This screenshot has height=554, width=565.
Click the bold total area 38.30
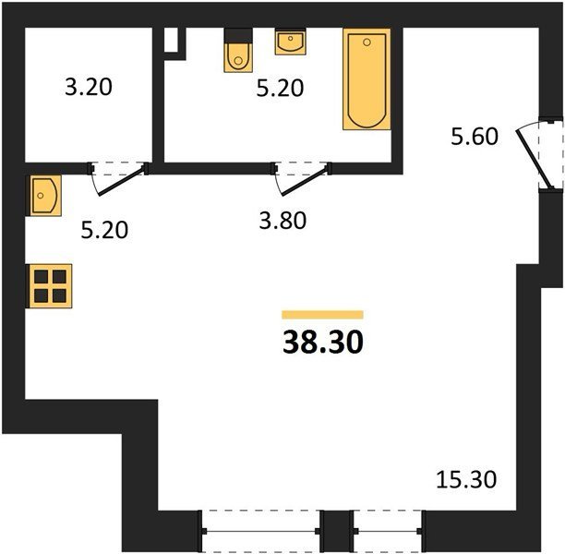(x=323, y=342)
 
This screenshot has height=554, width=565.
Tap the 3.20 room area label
(x=89, y=87)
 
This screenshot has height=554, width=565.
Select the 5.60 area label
(x=475, y=137)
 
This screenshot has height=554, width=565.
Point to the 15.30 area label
(x=466, y=480)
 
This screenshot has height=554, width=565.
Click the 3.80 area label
(x=282, y=221)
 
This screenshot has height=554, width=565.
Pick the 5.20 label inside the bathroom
(x=280, y=89)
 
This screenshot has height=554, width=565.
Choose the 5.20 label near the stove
(x=104, y=230)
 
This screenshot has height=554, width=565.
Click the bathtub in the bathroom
(x=367, y=78)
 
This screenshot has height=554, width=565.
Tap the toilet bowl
(x=238, y=57)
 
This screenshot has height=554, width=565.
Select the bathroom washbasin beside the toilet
(x=291, y=42)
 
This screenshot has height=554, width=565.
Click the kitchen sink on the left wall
(x=45, y=196)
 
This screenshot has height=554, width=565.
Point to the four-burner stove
(x=50, y=286)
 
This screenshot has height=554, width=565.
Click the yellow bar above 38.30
(x=322, y=315)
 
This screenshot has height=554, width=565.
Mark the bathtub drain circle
(x=367, y=42)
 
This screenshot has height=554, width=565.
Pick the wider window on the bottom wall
(x=260, y=531)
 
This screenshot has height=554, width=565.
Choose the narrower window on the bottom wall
(x=388, y=531)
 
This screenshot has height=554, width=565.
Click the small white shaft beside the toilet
(x=172, y=40)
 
